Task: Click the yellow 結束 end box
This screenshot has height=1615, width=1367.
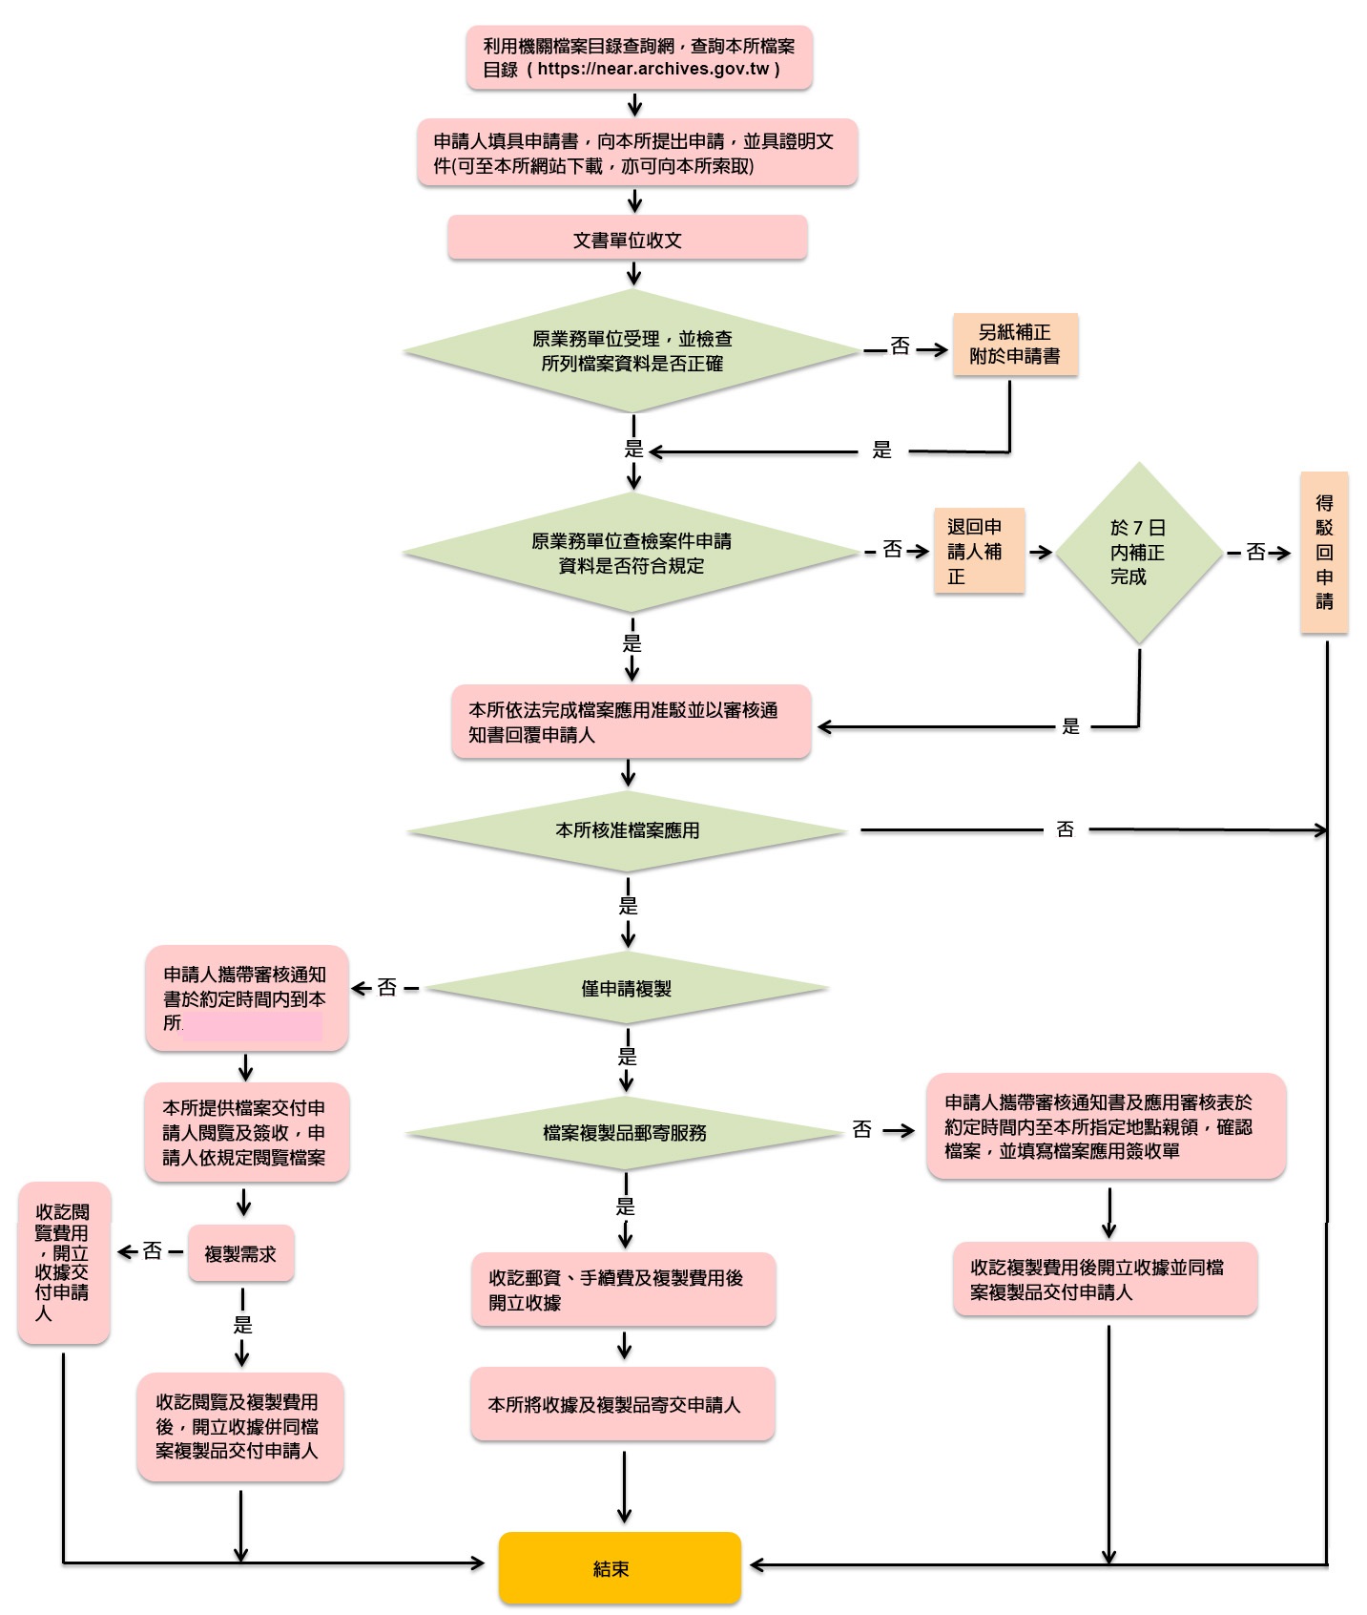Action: click(619, 1567)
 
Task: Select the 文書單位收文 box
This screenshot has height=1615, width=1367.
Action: click(628, 239)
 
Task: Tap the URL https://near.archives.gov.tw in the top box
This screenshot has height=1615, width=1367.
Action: click(653, 69)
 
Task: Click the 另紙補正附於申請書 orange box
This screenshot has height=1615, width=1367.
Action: click(1015, 344)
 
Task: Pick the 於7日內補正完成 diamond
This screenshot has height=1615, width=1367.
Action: click(1139, 553)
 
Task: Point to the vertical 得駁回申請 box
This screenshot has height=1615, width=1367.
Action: click(1324, 552)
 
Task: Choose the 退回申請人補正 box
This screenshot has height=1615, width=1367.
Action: click(979, 551)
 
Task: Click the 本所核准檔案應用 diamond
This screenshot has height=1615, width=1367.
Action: click(628, 830)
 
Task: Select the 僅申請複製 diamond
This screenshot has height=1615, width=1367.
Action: click(627, 988)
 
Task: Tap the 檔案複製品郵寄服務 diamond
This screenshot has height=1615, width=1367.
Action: click(625, 1133)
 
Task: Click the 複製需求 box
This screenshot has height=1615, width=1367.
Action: click(240, 1253)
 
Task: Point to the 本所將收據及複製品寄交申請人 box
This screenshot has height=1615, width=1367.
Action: click(622, 1404)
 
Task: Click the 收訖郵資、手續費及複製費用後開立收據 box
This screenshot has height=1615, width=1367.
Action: click(623, 1290)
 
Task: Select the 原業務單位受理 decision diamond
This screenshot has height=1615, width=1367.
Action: click(632, 351)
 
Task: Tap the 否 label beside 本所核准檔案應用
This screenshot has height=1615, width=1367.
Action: click(1066, 829)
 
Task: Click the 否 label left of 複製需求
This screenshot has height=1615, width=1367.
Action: click(153, 1250)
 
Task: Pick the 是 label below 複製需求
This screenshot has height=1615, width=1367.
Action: click(243, 1325)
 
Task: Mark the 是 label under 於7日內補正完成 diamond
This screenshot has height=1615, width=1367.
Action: click(1071, 726)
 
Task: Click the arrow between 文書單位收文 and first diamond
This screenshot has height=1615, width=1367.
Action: click(633, 274)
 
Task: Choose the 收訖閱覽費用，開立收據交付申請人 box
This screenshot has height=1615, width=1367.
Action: click(64, 1263)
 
